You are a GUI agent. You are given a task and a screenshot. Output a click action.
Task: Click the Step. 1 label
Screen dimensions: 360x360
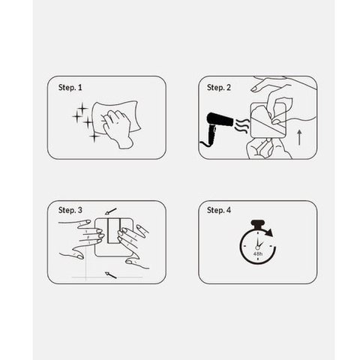tap(70, 87)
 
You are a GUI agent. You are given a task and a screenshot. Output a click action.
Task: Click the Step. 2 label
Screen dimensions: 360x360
tap(219, 87)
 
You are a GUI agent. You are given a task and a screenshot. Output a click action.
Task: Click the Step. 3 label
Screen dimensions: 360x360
tap(70, 210)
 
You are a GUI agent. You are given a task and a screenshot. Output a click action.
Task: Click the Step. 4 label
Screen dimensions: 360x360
tap(219, 210)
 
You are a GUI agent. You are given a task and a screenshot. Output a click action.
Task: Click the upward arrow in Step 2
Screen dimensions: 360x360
tap(300, 136)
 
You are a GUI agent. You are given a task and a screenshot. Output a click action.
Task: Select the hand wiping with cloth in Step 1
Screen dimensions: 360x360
tap(118, 127)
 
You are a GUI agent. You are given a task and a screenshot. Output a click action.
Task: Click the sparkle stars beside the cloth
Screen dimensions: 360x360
tap(84, 120)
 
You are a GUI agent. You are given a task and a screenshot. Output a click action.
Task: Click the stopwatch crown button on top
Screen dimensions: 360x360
tap(257, 223)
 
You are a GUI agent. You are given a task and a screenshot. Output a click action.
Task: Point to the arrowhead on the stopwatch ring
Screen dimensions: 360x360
tap(269, 232)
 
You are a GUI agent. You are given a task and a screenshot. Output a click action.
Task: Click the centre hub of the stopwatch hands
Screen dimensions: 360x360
tap(257, 245)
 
